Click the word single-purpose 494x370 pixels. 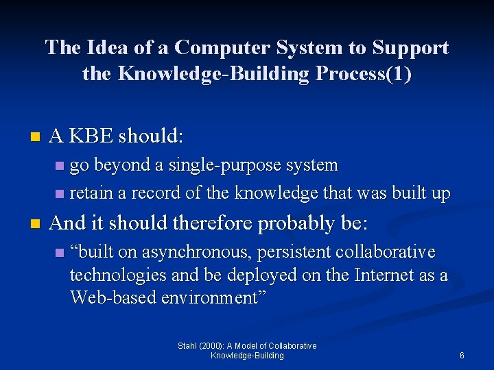point(229,165)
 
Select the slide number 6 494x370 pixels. point(462,356)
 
